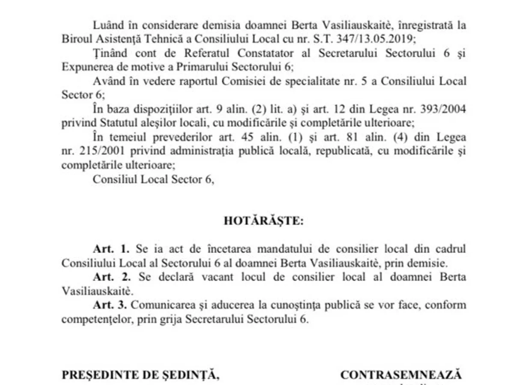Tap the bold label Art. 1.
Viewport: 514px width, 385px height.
(111, 249)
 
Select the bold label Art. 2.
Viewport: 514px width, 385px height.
(111, 277)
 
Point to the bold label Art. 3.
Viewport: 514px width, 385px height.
(111, 305)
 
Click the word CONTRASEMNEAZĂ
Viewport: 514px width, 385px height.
(401, 375)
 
